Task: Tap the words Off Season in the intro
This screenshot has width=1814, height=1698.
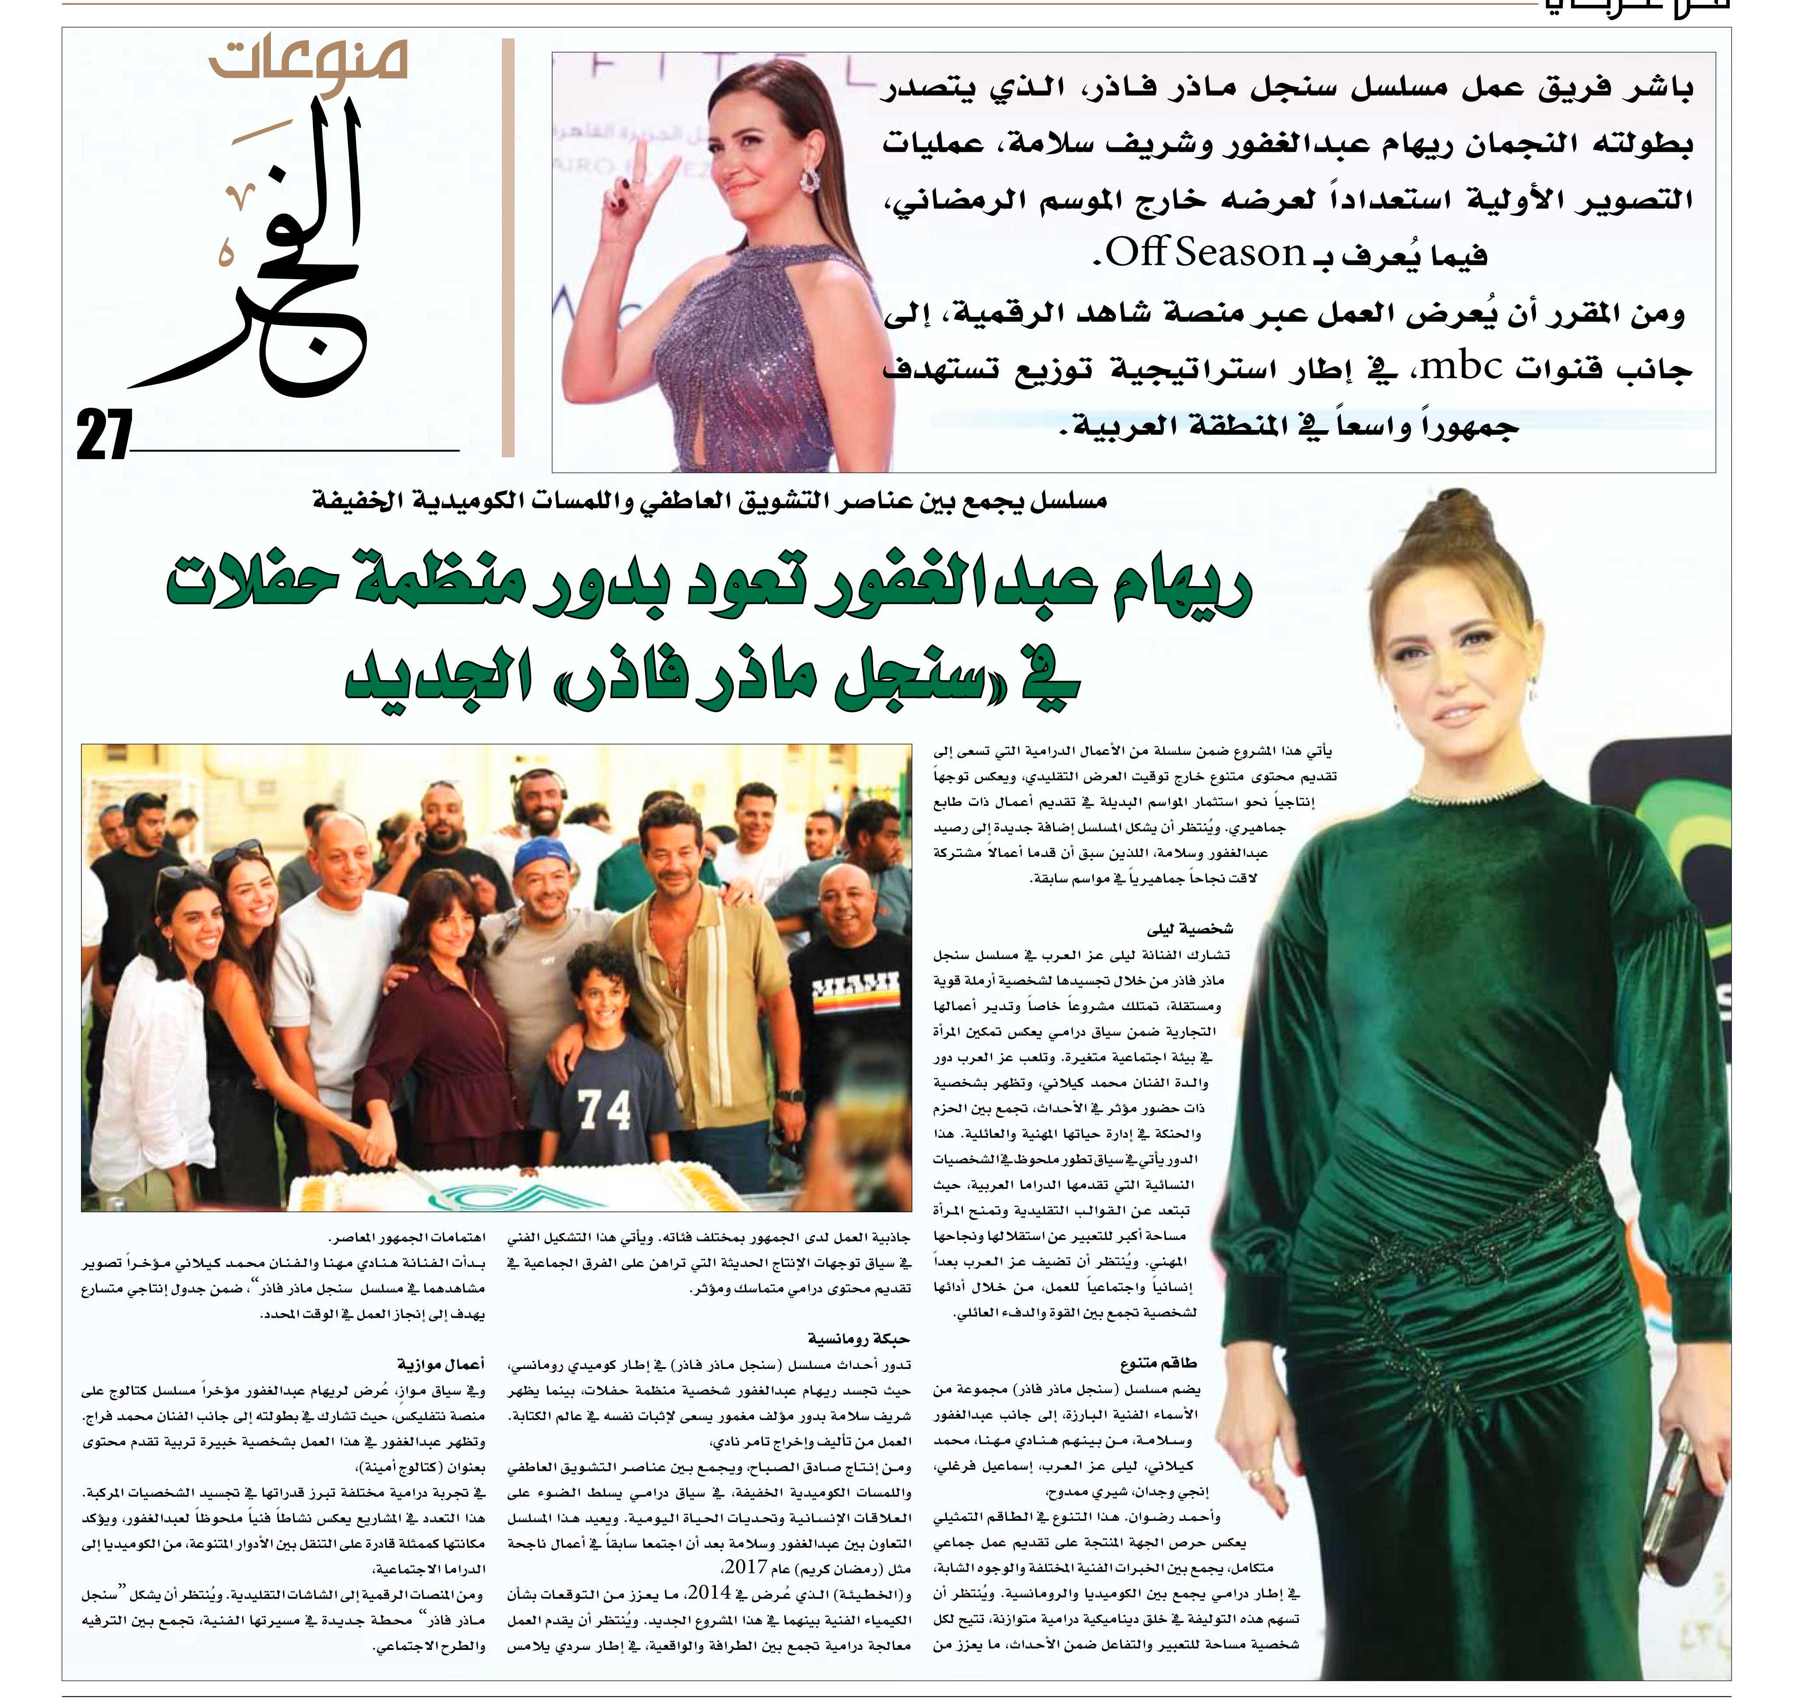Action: pos(1204,253)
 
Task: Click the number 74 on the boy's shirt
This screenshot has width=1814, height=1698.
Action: pos(604,1110)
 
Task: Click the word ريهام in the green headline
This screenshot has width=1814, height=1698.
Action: pos(1177,589)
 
